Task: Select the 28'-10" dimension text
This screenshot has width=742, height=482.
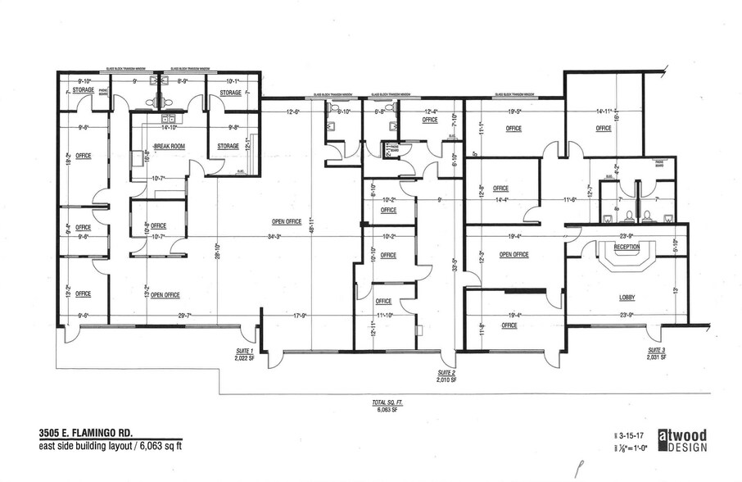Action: (217, 245)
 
